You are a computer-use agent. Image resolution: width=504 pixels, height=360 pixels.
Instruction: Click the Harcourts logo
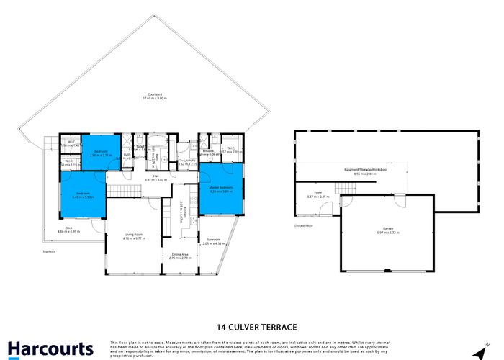coord(51,348)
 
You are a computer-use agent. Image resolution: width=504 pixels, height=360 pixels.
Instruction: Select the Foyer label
coord(318,192)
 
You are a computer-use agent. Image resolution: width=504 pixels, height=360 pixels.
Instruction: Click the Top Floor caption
coord(48,251)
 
